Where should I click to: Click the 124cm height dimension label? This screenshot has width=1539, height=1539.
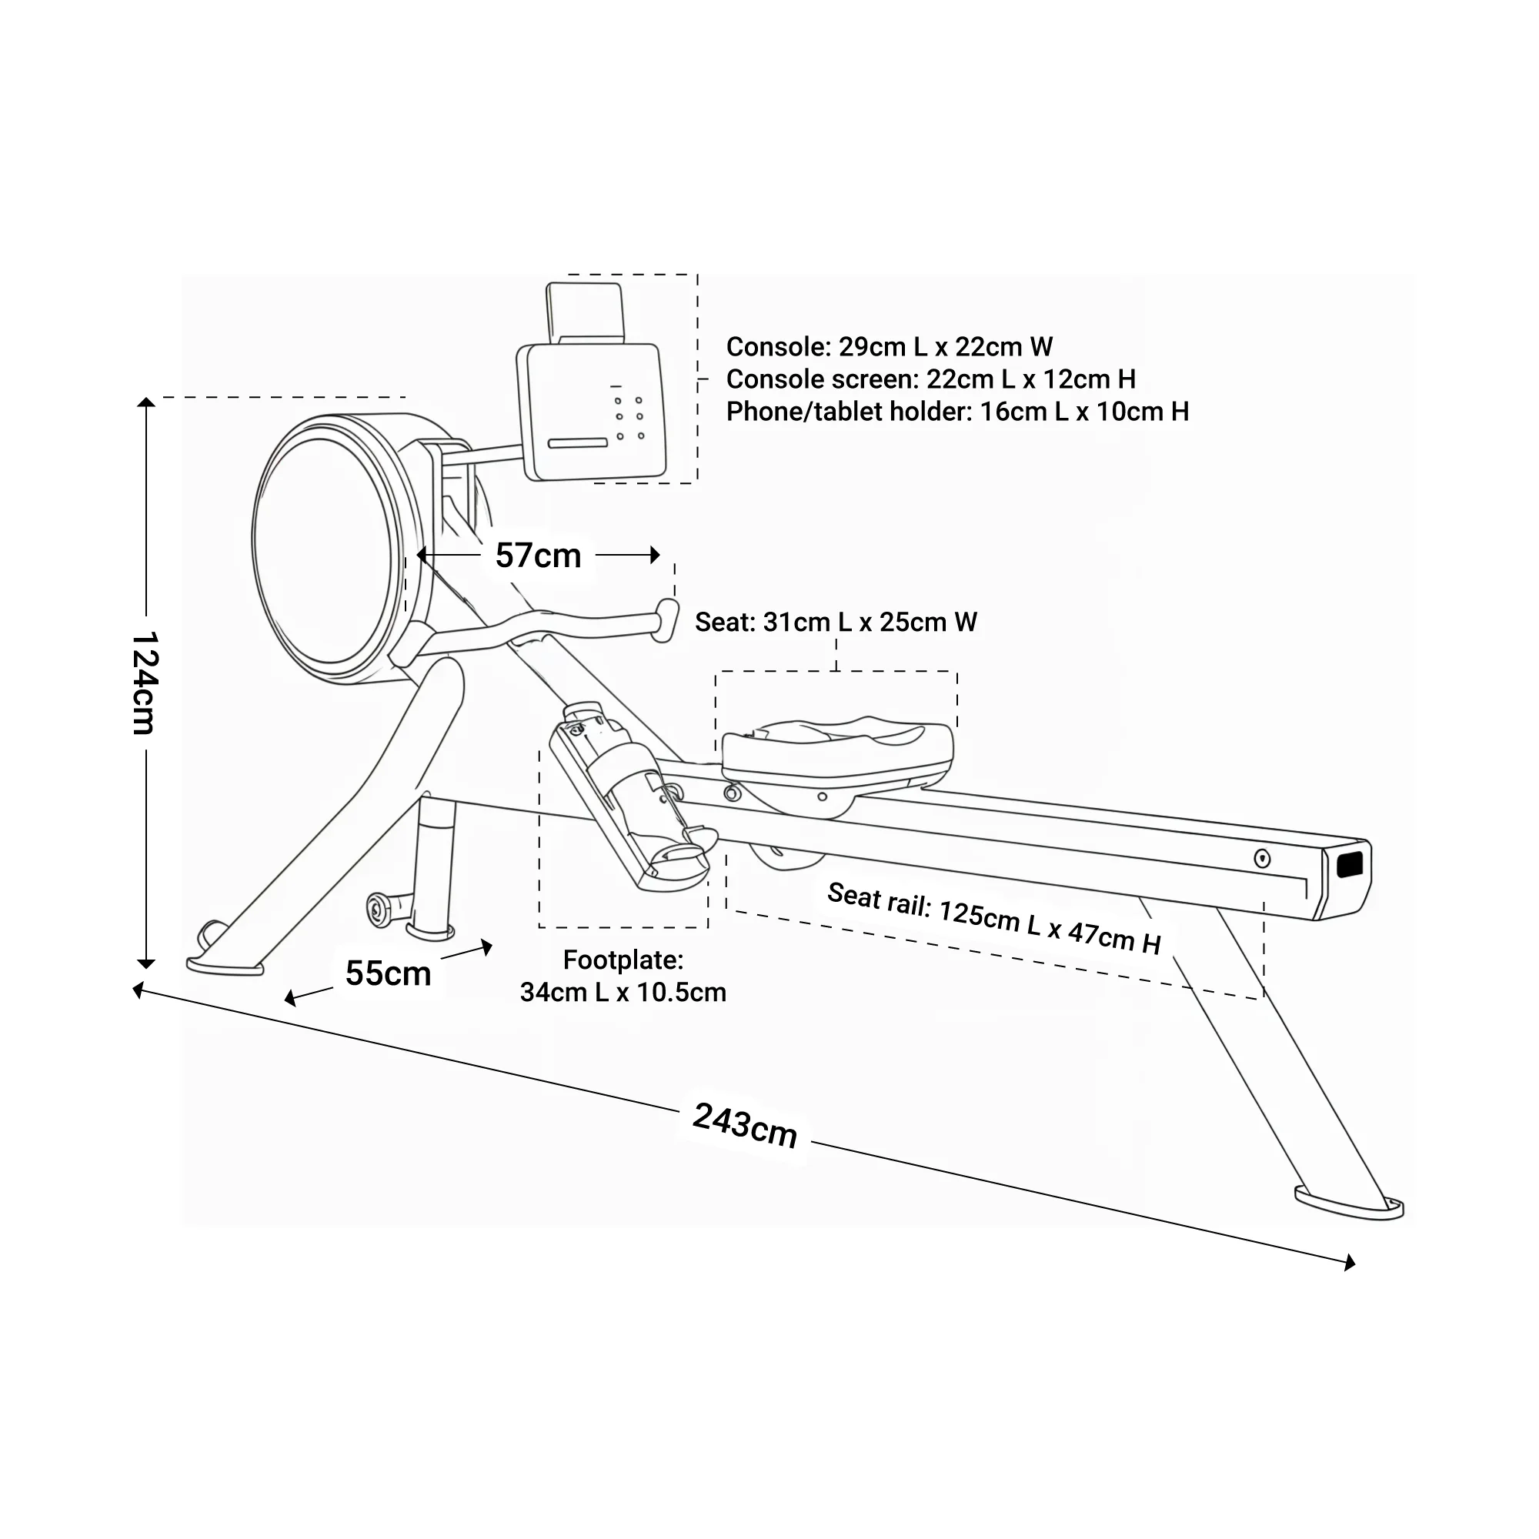[x=144, y=683]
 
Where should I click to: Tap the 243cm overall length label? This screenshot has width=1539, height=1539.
[x=745, y=1125]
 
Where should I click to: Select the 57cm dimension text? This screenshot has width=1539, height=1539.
[x=539, y=556]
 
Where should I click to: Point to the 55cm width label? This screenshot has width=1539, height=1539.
[x=388, y=973]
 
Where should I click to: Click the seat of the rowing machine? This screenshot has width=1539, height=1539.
[x=836, y=749]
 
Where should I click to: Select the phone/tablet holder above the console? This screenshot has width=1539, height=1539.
[x=585, y=311]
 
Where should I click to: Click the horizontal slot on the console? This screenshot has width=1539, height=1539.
[x=578, y=443]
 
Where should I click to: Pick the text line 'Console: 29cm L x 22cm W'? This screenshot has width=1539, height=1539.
[x=889, y=346]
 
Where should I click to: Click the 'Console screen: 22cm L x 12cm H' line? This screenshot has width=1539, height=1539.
[x=930, y=379]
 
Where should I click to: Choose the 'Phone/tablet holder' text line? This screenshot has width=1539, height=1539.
[x=956, y=412]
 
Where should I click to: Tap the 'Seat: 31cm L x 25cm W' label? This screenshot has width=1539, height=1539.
[x=836, y=621]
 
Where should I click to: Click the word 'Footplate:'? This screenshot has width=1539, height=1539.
[x=623, y=960]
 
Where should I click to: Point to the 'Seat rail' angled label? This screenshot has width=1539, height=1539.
[x=993, y=919]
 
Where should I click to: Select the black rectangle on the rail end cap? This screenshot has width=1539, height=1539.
[x=1350, y=865]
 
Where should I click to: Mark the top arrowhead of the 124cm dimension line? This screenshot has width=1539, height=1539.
[x=145, y=402]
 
